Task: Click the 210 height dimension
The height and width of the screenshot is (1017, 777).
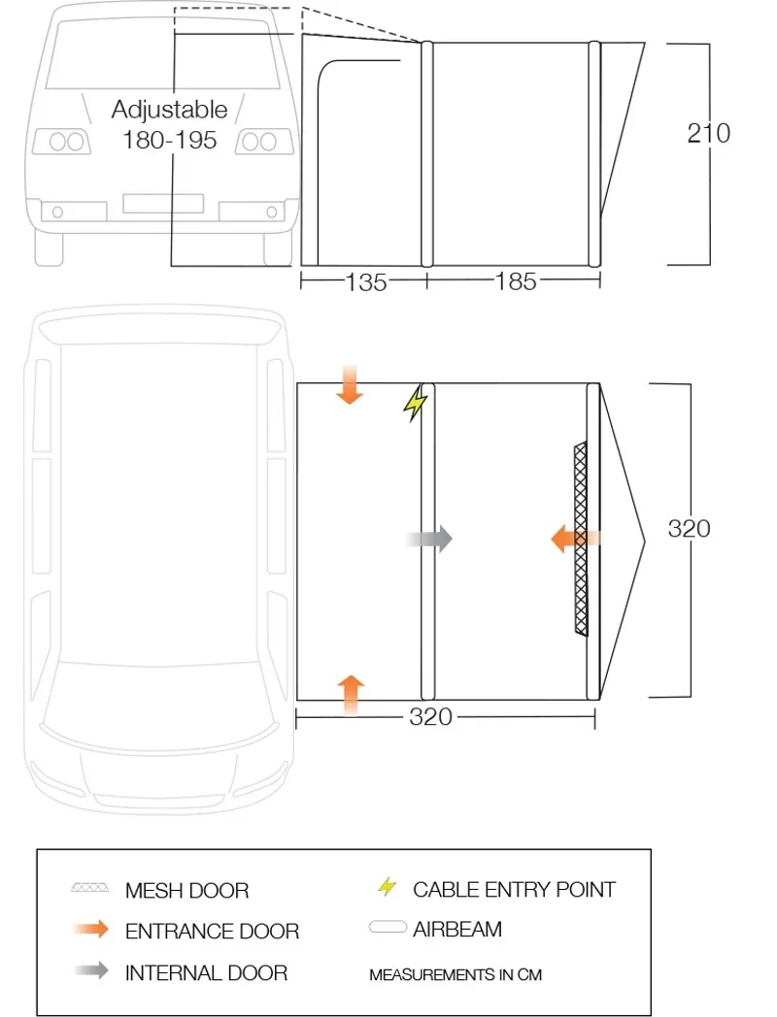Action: pos(708,133)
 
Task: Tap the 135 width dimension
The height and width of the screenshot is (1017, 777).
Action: pos(366,281)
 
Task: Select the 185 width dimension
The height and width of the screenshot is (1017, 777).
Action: pos(515,281)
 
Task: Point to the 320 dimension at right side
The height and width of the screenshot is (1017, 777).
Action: pos(689,528)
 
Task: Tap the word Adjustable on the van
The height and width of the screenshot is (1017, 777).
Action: pos(169,109)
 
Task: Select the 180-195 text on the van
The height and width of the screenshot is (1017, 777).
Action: pos(169,140)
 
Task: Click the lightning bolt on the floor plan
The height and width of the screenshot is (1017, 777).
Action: pos(416,404)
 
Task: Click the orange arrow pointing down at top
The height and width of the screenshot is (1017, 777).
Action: pos(350,385)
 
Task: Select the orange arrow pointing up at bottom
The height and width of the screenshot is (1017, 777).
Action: pos(351,694)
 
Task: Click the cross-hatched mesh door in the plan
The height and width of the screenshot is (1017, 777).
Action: pos(582,582)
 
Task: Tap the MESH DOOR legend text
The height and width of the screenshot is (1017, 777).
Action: pos(186,890)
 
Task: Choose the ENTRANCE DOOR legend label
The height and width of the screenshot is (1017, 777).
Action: pos(212,932)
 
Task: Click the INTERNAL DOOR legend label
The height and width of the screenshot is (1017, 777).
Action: pos(206,972)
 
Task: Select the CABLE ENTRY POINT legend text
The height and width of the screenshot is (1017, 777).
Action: pos(514,889)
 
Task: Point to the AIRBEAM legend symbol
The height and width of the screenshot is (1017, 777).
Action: pos(388,929)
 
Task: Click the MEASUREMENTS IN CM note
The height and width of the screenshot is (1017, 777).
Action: pos(456,974)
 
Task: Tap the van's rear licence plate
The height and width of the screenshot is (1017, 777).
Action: pos(163,204)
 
